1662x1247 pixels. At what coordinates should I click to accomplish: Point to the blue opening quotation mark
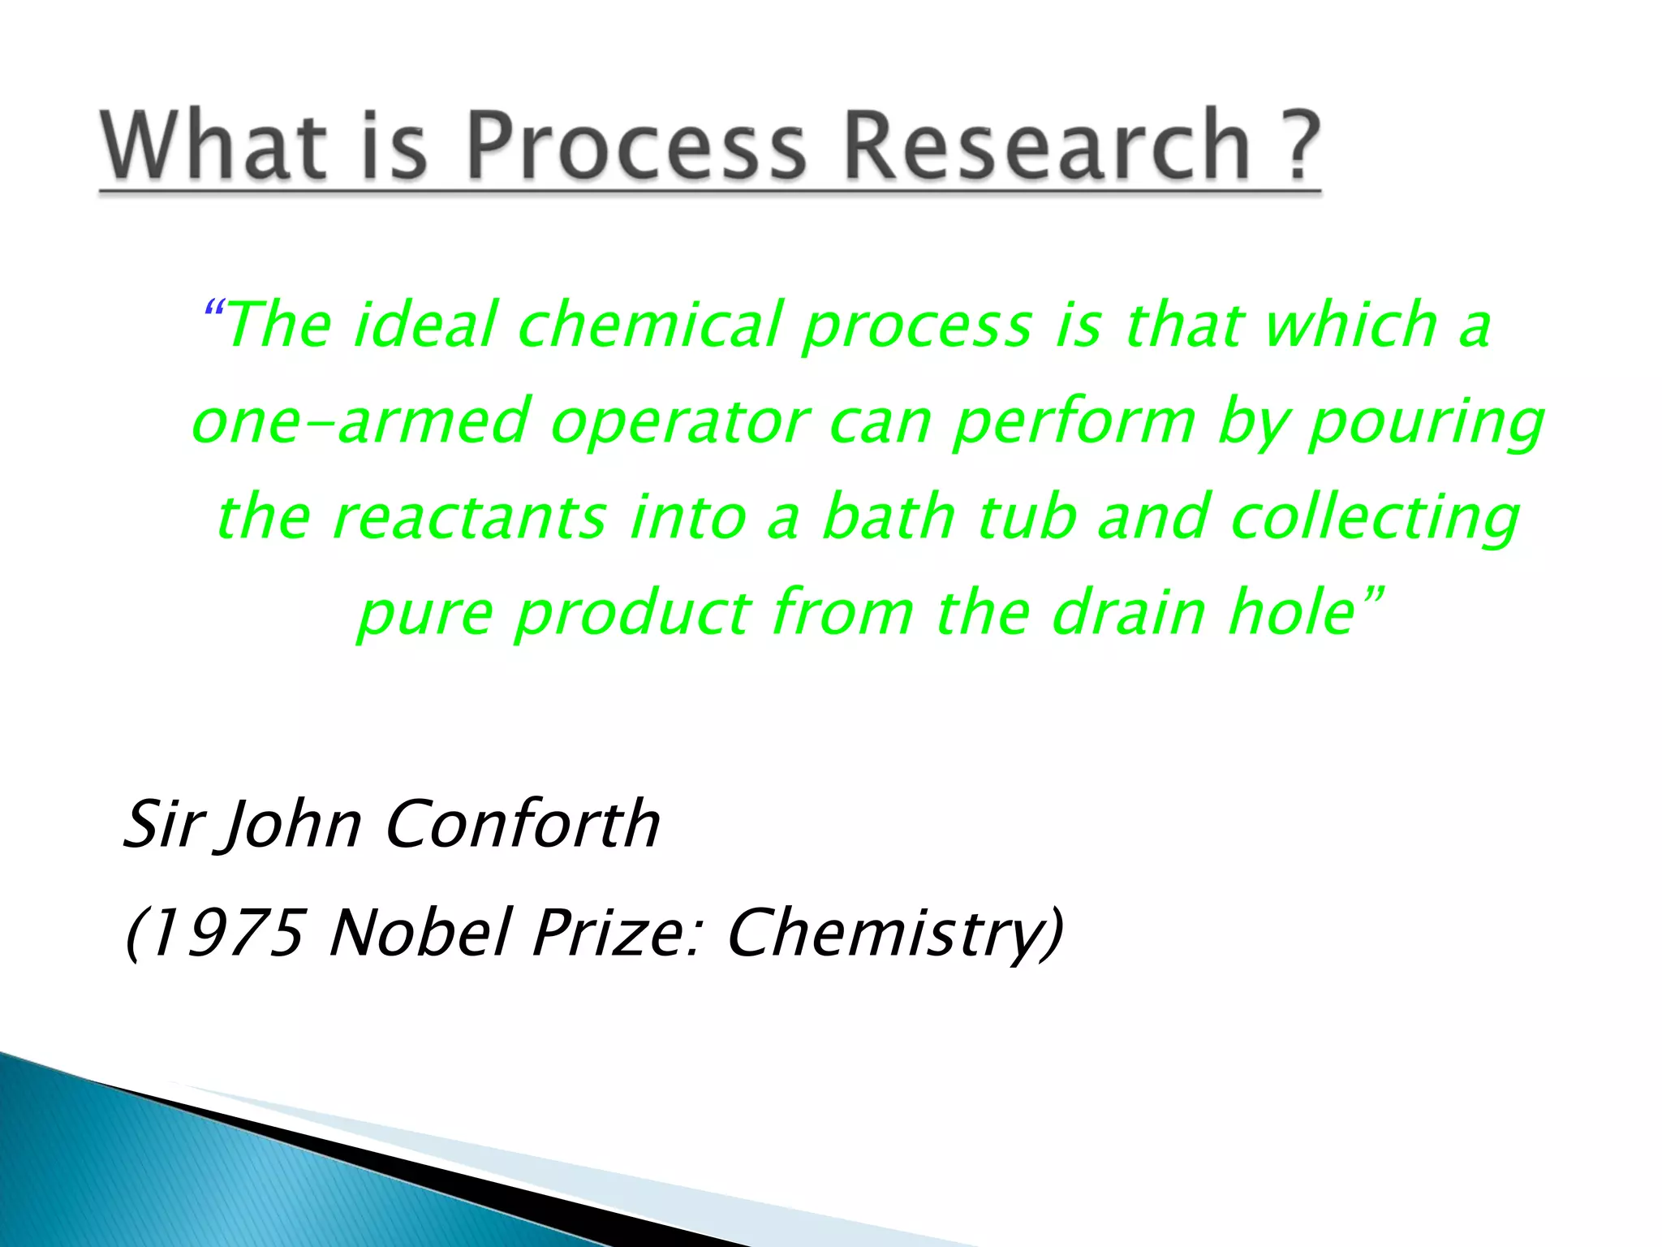[x=213, y=309]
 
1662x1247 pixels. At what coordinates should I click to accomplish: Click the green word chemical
[x=649, y=325]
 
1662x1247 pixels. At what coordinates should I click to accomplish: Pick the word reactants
[x=469, y=517]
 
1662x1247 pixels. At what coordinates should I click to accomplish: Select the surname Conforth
[x=523, y=824]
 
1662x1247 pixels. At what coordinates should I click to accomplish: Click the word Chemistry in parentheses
[x=885, y=934]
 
